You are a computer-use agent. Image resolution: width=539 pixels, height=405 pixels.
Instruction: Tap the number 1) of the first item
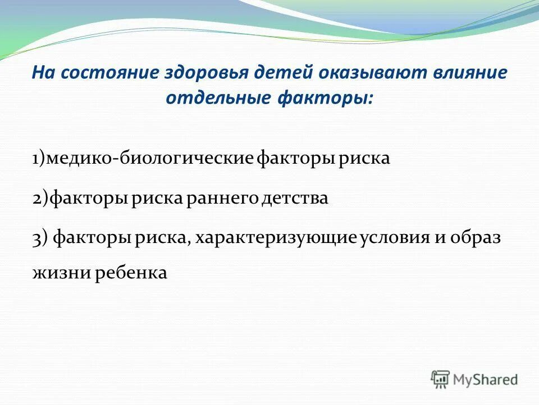(39, 159)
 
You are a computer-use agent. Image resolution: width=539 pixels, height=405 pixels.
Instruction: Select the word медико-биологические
(149, 159)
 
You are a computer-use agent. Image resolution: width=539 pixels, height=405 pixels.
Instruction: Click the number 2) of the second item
(40, 199)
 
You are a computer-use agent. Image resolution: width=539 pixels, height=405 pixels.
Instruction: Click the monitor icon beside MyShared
(440, 379)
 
